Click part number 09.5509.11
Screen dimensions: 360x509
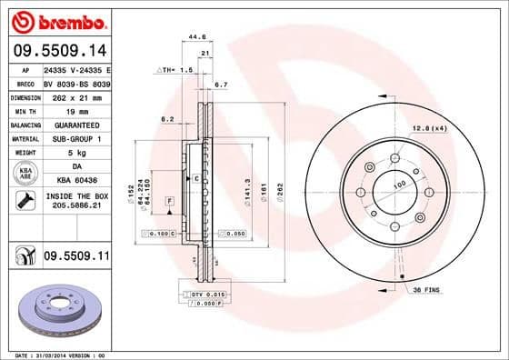point(77,258)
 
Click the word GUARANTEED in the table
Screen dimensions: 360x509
point(77,124)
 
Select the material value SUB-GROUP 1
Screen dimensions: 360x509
point(77,138)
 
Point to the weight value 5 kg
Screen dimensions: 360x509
point(77,153)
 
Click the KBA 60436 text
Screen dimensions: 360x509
point(77,182)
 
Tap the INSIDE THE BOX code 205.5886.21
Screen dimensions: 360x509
point(77,206)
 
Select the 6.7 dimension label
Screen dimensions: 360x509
point(219,85)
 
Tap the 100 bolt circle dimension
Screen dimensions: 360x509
point(397,185)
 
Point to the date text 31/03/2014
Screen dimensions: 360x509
point(64,354)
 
